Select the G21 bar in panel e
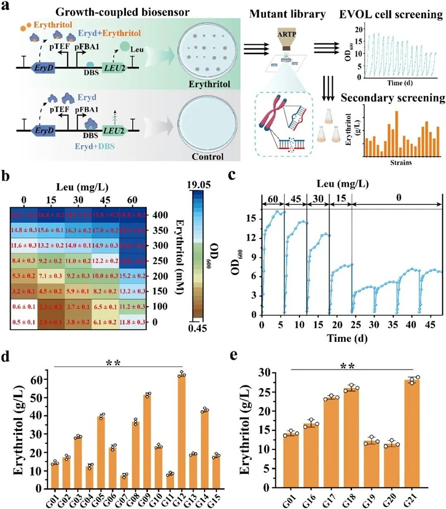(411, 434)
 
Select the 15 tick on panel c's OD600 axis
(249, 217)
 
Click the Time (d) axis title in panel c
(351, 337)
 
